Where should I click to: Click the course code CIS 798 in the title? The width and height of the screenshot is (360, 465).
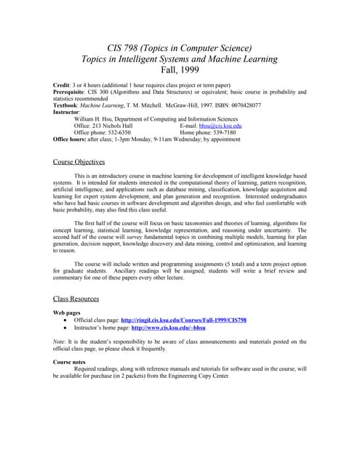(x=125, y=48)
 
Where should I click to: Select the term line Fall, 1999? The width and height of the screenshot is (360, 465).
(x=180, y=71)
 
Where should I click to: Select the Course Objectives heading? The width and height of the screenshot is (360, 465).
(x=79, y=162)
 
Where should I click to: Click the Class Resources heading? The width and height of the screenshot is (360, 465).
(x=76, y=299)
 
